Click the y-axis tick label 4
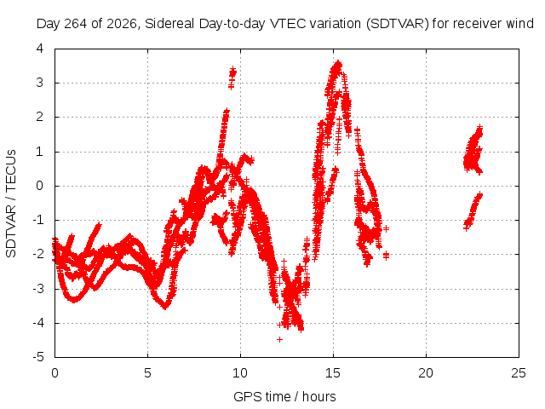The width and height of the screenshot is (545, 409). (x=40, y=49)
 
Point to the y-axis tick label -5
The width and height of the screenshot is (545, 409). (x=37, y=357)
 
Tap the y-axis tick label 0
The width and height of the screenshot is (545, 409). (x=40, y=186)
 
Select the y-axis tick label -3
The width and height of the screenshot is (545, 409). (x=37, y=289)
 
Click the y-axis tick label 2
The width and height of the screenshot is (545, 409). (x=40, y=117)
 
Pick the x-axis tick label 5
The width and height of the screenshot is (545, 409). (x=147, y=373)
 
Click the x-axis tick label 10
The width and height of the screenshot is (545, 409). (x=240, y=373)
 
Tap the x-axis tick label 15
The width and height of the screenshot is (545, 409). (x=333, y=373)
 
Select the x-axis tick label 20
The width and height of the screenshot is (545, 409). (x=426, y=373)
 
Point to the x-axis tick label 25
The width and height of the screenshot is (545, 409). (x=519, y=373)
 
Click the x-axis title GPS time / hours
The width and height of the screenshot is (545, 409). (x=284, y=397)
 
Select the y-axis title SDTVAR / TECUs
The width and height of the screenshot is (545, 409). (x=11, y=204)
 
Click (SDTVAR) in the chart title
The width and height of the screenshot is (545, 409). (x=398, y=24)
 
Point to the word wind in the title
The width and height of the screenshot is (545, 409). (x=520, y=24)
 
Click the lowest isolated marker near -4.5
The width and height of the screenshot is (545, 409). (x=279, y=339)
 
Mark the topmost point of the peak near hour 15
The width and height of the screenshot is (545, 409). (x=338, y=63)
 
